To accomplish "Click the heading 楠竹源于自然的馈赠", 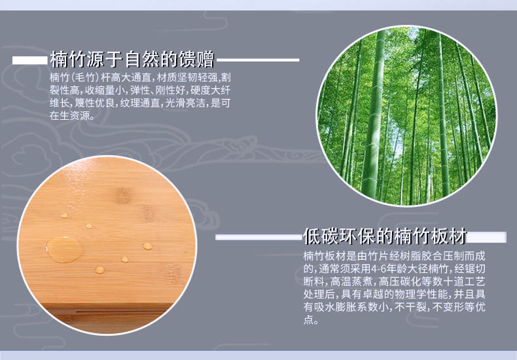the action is (132, 60).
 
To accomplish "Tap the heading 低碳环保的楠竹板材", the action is (385, 236).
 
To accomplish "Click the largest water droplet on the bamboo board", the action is (64, 249).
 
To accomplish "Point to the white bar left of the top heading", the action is (30, 60).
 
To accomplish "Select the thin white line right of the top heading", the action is (258, 60).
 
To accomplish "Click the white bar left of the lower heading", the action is (259, 237).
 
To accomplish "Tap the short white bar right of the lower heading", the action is (487, 238).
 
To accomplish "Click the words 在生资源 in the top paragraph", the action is (69, 115).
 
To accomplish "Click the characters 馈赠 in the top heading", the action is (197, 60).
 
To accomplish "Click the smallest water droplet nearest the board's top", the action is (64, 215).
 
